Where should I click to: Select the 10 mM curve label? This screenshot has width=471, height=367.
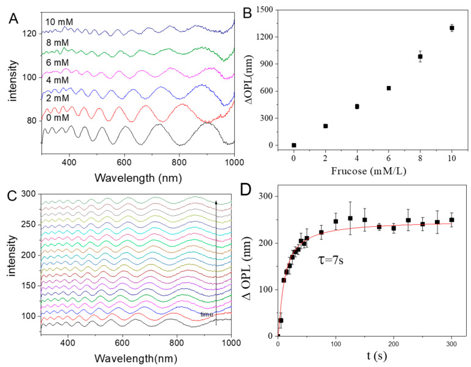[59, 21]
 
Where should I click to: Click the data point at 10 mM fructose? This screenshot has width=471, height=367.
[452, 28]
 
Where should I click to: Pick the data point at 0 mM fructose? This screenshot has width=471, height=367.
[294, 145]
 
